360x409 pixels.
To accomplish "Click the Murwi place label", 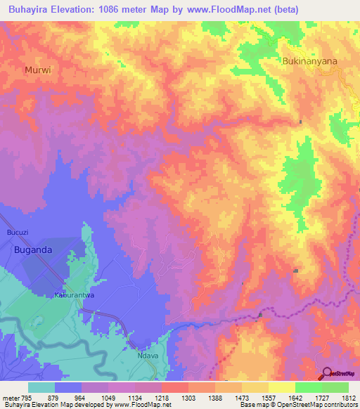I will coord(38,70).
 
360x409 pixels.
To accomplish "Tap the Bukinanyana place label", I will coord(309,61).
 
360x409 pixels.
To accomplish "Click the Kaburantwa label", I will coord(75,296).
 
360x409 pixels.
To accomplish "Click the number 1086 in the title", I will coord(134,9).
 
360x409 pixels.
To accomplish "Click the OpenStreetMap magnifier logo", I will coord(328,372).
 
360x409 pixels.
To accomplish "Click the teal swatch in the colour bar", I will coord(41,387).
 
